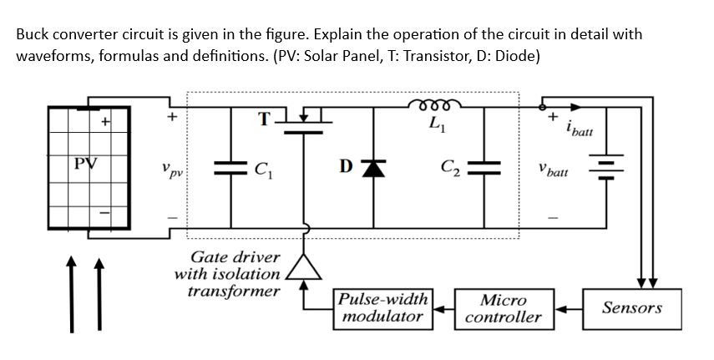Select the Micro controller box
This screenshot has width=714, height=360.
point(504,308)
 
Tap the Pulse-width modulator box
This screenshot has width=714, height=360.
point(383,308)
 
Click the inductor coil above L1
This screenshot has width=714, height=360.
point(433,105)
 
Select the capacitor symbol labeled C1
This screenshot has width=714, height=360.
point(230,167)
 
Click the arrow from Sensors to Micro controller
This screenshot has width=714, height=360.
point(570,307)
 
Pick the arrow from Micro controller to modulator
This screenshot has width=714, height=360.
point(443,307)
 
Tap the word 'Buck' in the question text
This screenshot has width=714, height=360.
point(32,36)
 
